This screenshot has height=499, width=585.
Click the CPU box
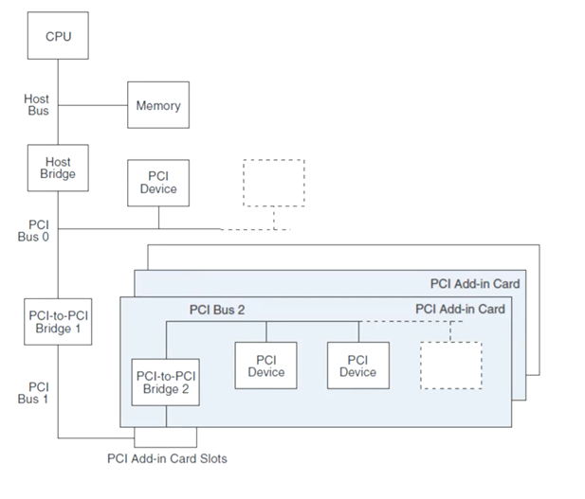[58, 36]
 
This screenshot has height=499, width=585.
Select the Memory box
[158, 105]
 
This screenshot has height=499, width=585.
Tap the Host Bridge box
[58, 168]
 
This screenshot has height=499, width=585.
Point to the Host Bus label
[37, 104]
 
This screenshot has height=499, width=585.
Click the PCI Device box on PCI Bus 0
[158, 182]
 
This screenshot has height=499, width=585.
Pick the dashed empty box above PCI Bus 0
[274, 183]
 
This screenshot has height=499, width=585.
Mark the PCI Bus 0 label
[38, 230]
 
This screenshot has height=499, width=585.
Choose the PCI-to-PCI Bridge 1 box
[58, 321]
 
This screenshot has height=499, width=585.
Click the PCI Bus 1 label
[38, 393]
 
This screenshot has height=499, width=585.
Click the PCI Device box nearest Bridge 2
[265, 365]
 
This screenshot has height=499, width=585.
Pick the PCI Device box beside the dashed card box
[357, 365]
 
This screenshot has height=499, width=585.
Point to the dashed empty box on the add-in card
[450, 365]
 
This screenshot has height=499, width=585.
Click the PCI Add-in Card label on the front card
[460, 309]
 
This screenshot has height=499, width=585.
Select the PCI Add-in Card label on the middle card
[475, 283]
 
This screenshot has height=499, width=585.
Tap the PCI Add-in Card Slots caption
[166, 459]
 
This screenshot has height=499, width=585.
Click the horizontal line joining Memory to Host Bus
[93, 105]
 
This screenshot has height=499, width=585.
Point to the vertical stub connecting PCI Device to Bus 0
[158, 217]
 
